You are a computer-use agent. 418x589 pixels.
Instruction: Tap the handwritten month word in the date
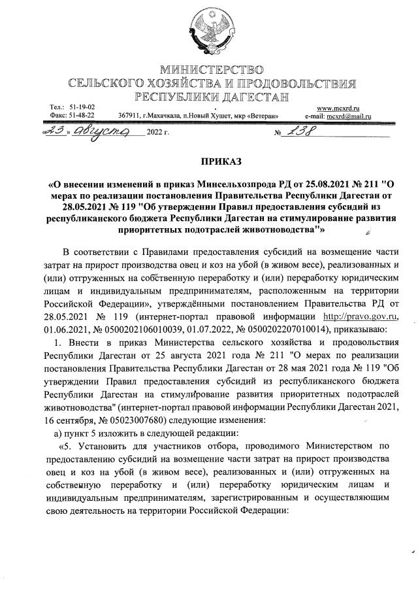[98, 131]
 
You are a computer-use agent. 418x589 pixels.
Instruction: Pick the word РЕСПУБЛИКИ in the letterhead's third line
[171, 97]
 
